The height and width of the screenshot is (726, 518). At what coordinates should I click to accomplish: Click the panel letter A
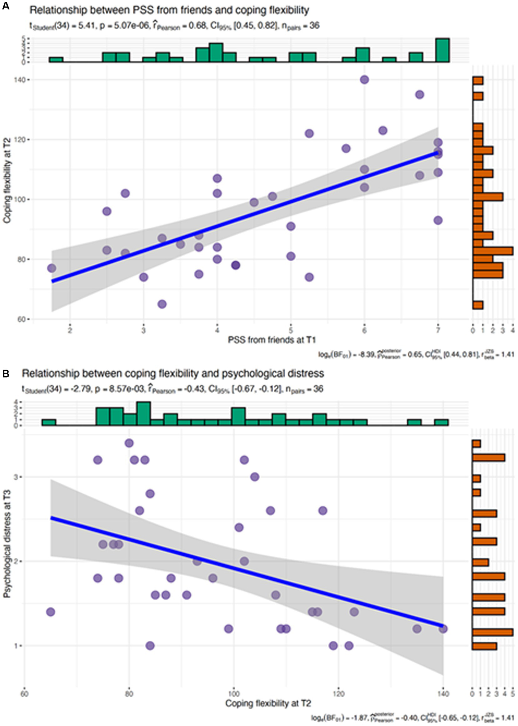point(6,6)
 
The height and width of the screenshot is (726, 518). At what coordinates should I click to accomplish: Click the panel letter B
point(6,374)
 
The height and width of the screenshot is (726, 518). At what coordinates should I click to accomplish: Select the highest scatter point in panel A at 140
point(364,80)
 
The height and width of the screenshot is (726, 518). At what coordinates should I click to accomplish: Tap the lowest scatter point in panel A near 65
point(162,304)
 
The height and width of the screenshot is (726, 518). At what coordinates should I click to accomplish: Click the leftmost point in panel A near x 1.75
point(52,268)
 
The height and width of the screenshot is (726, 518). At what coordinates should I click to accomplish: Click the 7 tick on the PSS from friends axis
point(438,330)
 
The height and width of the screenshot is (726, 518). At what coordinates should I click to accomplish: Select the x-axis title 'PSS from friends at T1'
point(272,340)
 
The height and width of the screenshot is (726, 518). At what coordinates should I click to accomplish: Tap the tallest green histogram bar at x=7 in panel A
point(442,51)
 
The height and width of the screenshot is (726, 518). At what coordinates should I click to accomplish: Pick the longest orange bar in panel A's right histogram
point(493,251)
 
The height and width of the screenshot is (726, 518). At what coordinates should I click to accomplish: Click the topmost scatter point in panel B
point(129,443)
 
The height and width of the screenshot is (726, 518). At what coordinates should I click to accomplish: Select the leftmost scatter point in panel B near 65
point(51,612)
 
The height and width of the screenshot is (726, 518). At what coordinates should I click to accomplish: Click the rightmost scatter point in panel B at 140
point(443,629)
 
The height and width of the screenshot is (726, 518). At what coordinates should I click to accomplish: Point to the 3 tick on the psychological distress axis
point(17,477)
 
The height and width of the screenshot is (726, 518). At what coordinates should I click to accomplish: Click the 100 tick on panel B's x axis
point(234,694)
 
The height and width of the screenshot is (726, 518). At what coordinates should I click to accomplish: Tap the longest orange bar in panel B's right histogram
point(492,632)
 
